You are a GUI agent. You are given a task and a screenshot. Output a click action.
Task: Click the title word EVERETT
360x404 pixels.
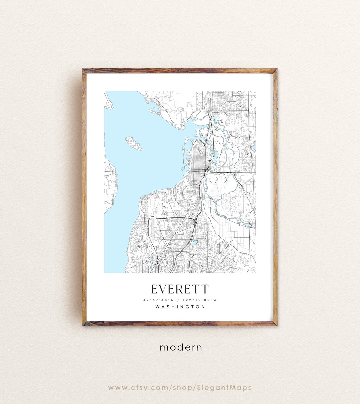click(x=180, y=289)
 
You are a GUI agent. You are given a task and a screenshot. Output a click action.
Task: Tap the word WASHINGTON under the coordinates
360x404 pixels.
click(x=180, y=307)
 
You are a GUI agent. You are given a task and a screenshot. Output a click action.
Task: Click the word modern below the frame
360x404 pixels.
click(x=181, y=347)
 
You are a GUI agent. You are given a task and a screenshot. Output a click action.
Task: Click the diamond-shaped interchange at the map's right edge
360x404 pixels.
click(x=254, y=194)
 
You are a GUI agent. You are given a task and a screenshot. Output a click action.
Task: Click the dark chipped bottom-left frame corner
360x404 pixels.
click(x=85, y=324)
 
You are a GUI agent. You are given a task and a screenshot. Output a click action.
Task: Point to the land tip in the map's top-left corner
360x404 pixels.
click(x=108, y=100)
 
